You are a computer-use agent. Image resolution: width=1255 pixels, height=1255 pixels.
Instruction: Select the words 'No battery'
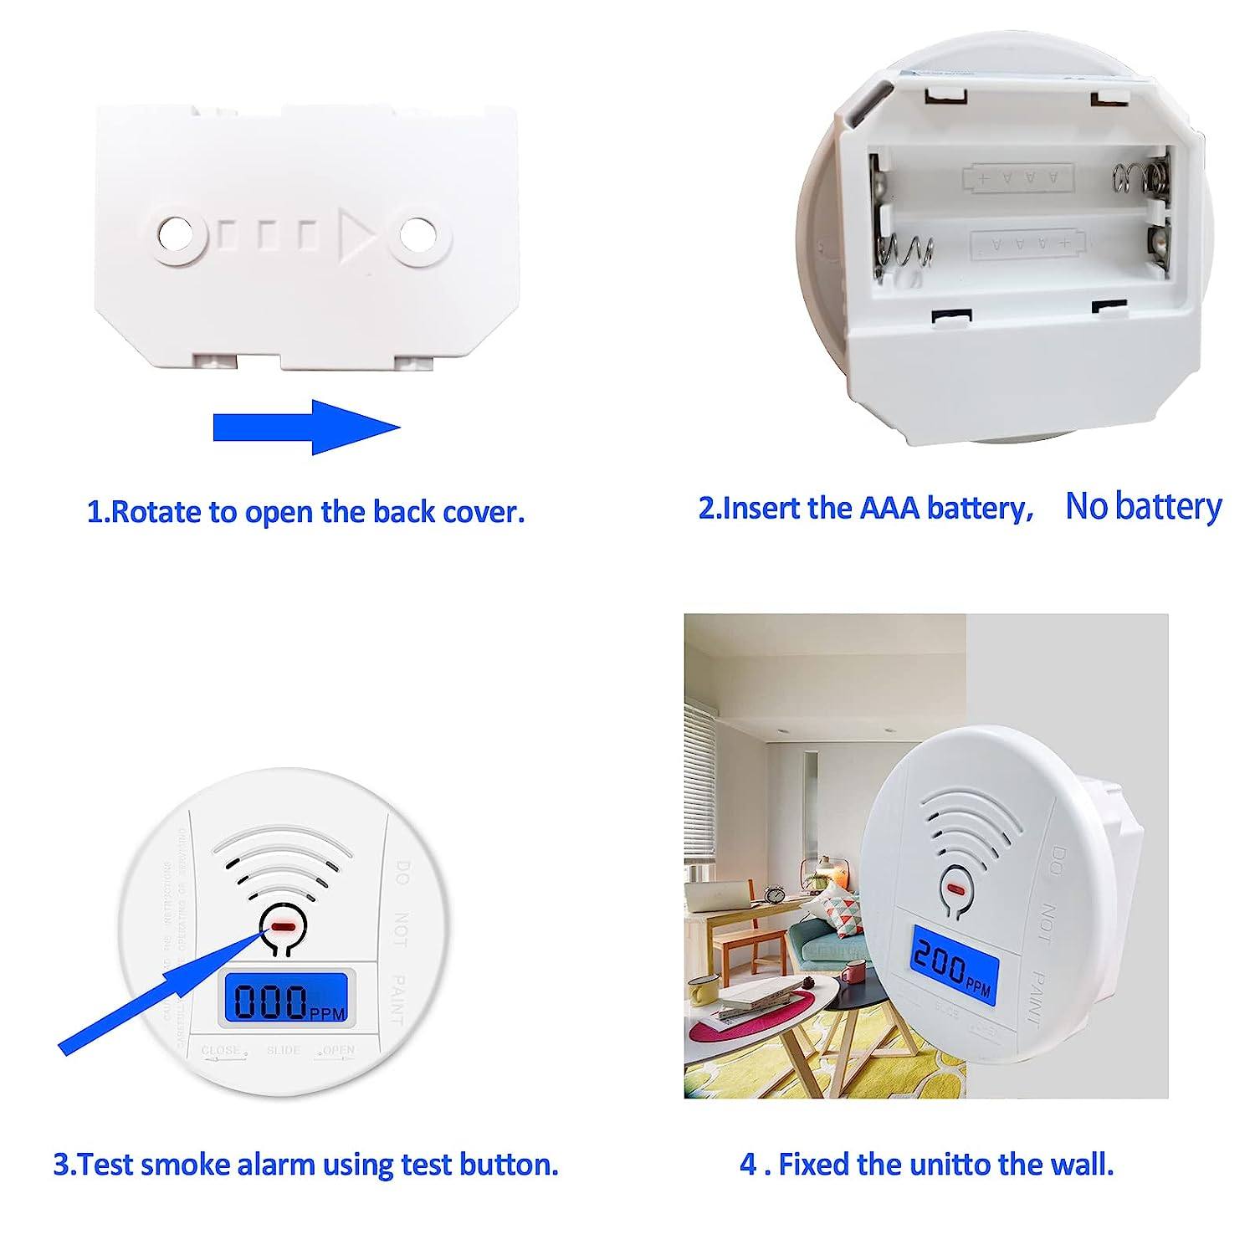pyautogui.click(x=1143, y=506)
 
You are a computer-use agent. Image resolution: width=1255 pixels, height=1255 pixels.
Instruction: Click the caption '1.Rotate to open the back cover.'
pyautogui.click(x=306, y=511)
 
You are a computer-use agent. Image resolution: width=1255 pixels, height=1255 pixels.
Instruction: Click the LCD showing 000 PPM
pyautogui.click(x=285, y=999)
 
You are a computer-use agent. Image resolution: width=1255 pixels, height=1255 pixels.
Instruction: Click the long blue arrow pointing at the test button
pyautogui.click(x=159, y=991)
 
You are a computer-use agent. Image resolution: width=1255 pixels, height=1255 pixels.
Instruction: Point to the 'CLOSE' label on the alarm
pyautogui.click(x=220, y=1050)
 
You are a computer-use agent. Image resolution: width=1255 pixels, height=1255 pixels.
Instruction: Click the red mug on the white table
pyautogui.click(x=853, y=973)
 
